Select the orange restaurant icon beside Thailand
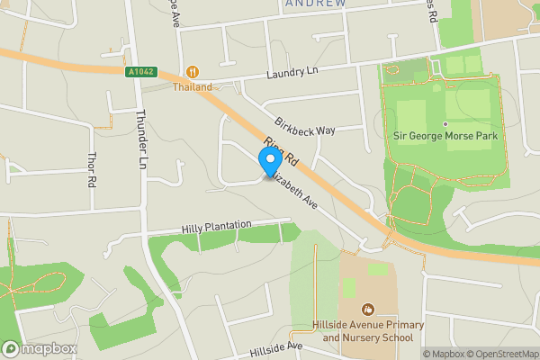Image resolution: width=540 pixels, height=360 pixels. coord(192,72)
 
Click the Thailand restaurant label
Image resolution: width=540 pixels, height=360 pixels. coord(193,87)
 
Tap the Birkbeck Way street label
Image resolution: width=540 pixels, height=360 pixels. coord(305,130)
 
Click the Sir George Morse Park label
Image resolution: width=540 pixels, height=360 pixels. coord(445,136)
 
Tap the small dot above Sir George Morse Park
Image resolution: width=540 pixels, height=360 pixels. coord(445,123)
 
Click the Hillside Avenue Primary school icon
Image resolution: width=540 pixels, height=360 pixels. coord(368,310)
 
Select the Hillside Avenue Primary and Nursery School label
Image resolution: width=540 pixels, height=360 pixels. coord(368,331)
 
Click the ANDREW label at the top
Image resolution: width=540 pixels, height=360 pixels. coord(315,4)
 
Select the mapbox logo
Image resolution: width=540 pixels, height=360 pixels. coord(40,348)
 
